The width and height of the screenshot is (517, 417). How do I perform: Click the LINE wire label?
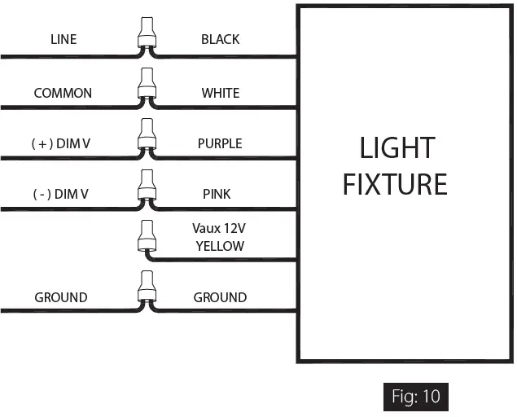click(x=63, y=39)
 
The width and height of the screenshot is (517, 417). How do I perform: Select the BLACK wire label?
click(x=220, y=39)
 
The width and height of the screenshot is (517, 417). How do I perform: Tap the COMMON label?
click(x=63, y=93)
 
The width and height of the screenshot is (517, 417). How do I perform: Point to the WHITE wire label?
click(x=220, y=93)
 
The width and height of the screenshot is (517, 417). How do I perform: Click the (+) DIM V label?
click(x=61, y=143)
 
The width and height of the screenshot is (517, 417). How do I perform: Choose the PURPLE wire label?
click(x=220, y=143)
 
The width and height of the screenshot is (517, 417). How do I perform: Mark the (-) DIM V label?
click(x=61, y=194)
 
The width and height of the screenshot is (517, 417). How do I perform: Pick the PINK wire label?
click(x=217, y=194)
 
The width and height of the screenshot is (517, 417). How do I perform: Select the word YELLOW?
click(x=220, y=246)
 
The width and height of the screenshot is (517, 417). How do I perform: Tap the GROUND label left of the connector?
click(x=61, y=297)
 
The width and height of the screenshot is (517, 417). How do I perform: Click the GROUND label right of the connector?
click(x=220, y=297)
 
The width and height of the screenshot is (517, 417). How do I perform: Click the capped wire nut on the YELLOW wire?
click(x=147, y=237)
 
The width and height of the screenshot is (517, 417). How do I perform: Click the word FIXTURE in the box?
click(x=395, y=184)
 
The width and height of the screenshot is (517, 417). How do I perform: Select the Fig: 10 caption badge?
click(x=416, y=397)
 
